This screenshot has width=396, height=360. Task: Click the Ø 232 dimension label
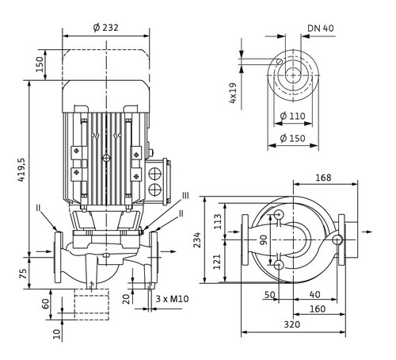pyautogui.click(x=106, y=28)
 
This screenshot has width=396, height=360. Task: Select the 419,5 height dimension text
pyautogui.click(x=21, y=170)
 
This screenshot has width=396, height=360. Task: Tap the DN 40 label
pyautogui.click(x=321, y=29)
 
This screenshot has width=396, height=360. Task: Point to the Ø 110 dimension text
pyautogui.click(x=292, y=116)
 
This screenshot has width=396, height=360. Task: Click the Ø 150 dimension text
pyautogui.click(x=292, y=138)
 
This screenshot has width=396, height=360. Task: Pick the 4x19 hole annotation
pyautogui.click(x=233, y=93)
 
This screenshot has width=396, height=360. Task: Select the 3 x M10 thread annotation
pyautogui.click(x=172, y=299)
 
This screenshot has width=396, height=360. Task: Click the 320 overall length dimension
pyautogui.click(x=292, y=324)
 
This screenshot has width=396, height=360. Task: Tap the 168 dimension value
pyautogui.click(x=323, y=178)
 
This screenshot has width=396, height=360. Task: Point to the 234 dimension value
pyautogui.click(x=197, y=240)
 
